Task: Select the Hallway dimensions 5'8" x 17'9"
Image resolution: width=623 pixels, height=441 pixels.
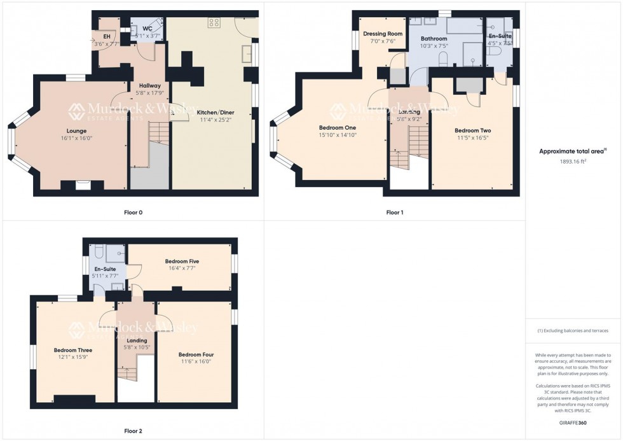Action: pos(145,93)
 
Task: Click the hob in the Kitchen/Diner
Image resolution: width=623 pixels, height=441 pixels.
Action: pos(214,22)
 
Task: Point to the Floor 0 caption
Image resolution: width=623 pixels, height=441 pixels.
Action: pos(132,212)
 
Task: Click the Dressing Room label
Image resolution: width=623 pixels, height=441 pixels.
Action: pos(383,34)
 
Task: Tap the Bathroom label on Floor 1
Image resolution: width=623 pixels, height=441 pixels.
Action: pos(434,39)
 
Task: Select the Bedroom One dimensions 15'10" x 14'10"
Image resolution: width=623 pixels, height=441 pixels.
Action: pos(338,135)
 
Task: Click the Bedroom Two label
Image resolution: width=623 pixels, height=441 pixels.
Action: pos(472,130)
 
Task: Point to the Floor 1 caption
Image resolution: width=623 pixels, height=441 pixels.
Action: pos(394,212)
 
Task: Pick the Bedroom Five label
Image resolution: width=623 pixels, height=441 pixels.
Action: pos(182,262)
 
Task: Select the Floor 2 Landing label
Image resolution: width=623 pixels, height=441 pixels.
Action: pos(137,340)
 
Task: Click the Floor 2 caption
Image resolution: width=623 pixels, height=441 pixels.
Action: pos(132,431)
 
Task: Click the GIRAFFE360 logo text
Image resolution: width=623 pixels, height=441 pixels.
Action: pos(574,422)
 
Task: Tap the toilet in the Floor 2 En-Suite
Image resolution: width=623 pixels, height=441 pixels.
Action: pos(100,251)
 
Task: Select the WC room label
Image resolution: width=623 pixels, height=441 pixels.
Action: pos(147,29)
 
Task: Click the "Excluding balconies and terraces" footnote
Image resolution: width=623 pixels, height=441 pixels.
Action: pos(573,331)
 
